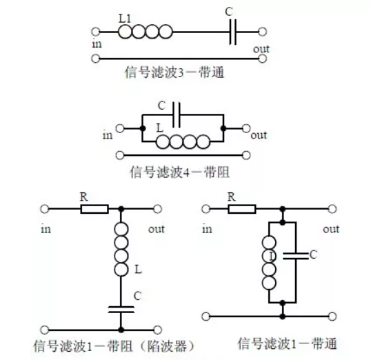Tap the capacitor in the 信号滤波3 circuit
[234, 32]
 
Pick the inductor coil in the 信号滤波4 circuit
[183, 142]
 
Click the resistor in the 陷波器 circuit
[94, 208]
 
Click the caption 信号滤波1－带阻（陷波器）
[114, 344]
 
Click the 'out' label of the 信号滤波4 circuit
[259, 135]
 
